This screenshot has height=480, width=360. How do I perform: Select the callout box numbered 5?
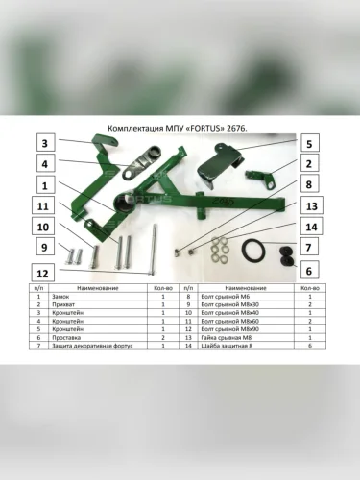(x=309, y=145)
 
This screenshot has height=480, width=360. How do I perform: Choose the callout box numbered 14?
(x=309, y=228)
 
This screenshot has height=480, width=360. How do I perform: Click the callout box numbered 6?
(x=309, y=271)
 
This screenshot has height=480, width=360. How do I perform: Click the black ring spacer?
(x=254, y=252)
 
